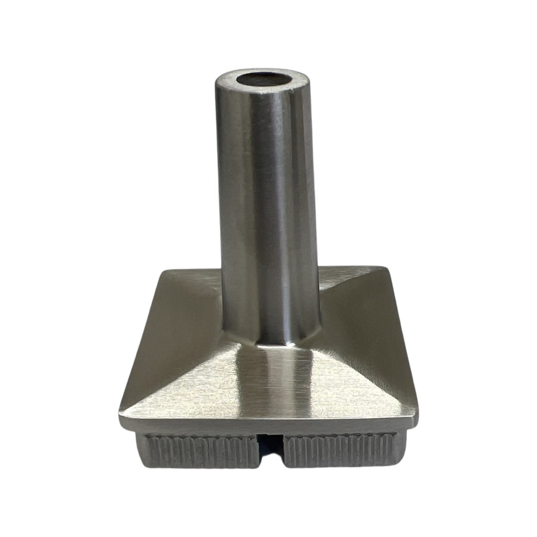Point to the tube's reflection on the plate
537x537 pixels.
[x=276, y=383]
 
